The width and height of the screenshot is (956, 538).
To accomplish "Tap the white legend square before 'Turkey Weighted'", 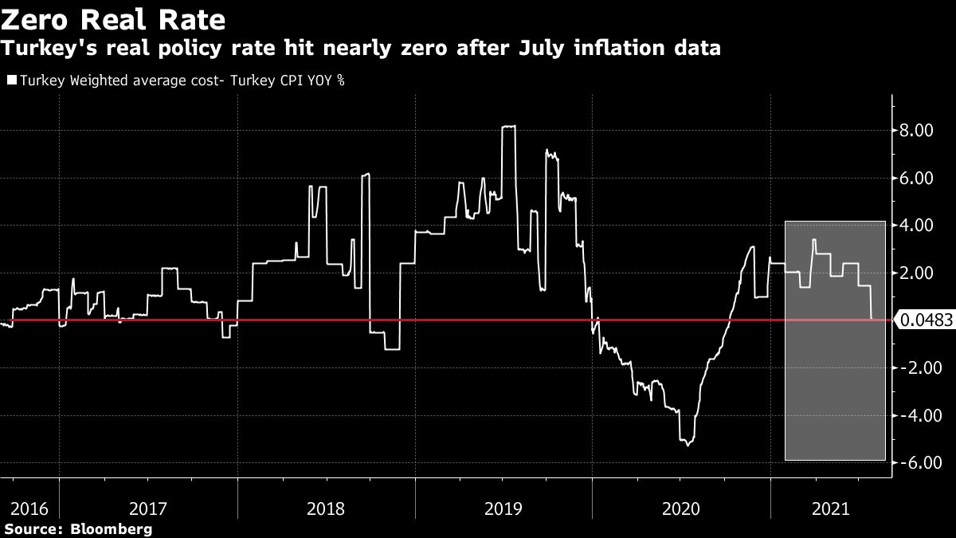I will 11,81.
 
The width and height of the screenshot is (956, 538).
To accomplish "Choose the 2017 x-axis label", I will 149,507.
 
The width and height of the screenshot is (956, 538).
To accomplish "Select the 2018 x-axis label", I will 326,507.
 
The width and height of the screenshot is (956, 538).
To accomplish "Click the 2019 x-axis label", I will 503,507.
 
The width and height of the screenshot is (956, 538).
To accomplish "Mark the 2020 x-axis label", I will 680,507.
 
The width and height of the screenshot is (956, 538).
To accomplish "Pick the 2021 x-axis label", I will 829,507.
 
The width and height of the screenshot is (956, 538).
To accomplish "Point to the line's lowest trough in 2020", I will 688,444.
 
